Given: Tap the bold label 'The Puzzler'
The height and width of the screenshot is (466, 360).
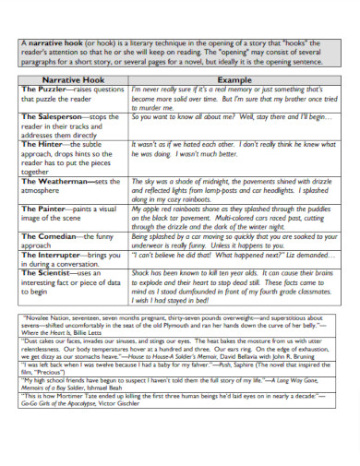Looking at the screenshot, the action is (x=42, y=90).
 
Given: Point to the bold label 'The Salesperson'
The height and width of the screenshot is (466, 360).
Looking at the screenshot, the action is (x=51, y=117).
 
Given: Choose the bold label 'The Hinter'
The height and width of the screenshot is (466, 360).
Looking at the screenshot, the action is (x=42, y=145).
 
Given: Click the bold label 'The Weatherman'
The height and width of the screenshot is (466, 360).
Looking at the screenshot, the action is (x=53, y=181).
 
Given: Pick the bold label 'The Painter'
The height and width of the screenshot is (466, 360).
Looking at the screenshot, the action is (x=42, y=209).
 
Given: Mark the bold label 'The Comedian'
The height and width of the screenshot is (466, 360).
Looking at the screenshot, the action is (x=47, y=235).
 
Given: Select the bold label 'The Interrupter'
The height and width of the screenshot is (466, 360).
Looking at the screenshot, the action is (x=52, y=254).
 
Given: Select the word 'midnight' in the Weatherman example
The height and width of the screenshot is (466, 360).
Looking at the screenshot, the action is (x=219, y=182).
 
